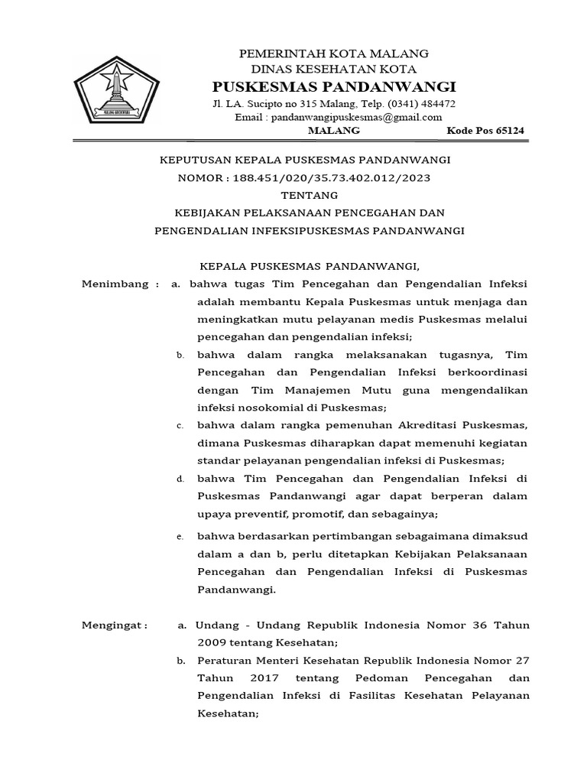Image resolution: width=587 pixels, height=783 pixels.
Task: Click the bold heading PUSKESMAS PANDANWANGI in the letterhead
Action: (334, 85)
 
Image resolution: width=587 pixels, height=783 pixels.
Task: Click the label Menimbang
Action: (115, 284)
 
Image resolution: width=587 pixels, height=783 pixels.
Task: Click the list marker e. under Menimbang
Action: (180, 538)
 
